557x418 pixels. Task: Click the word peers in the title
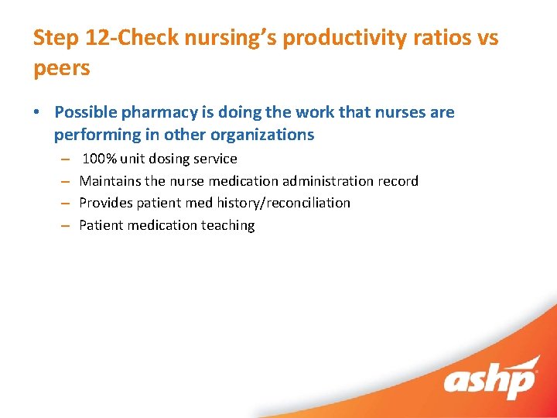coord(62,68)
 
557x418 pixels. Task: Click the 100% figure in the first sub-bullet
coord(100,159)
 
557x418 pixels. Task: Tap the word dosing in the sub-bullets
coord(169,159)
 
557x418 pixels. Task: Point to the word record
coord(397,181)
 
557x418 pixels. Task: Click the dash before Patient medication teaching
coord(67,225)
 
